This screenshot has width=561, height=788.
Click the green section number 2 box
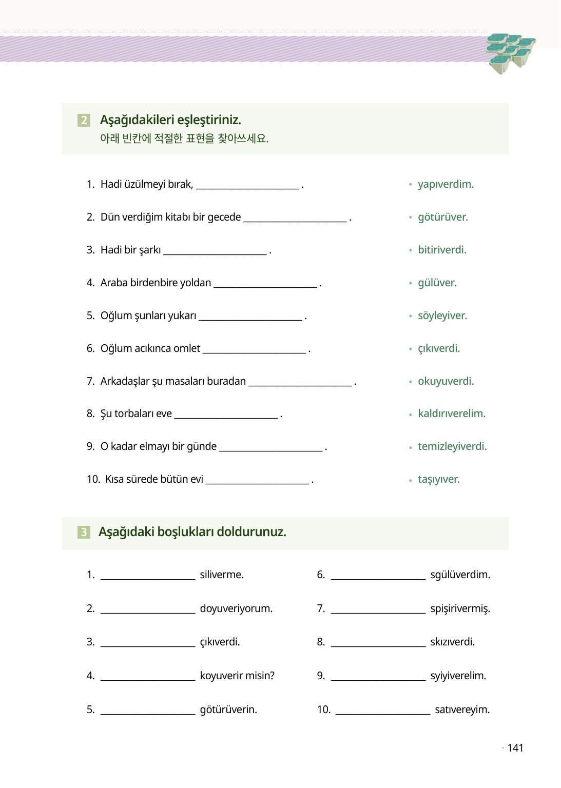(x=84, y=120)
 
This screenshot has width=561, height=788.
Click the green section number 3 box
(x=84, y=532)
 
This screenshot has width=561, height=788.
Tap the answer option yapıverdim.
(x=446, y=184)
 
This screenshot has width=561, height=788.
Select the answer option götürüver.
(x=442, y=217)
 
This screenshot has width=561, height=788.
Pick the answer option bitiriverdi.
(x=442, y=250)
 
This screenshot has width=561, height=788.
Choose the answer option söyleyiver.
(x=442, y=316)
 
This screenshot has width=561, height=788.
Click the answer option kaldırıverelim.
(x=451, y=413)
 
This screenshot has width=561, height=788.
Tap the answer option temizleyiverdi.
(x=452, y=446)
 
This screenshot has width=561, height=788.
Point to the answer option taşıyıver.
(x=438, y=479)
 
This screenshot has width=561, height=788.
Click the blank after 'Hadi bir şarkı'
(x=215, y=251)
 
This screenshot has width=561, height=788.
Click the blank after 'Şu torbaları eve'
(x=226, y=415)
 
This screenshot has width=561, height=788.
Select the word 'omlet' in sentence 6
(x=187, y=348)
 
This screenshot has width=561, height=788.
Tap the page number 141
(x=515, y=748)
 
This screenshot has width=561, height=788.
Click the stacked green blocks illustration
(x=510, y=52)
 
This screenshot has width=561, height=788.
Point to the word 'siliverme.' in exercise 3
(x=222, y=575)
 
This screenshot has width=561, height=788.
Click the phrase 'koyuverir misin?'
(x=237, y=676)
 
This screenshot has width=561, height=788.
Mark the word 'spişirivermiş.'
(x=460, y=608)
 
